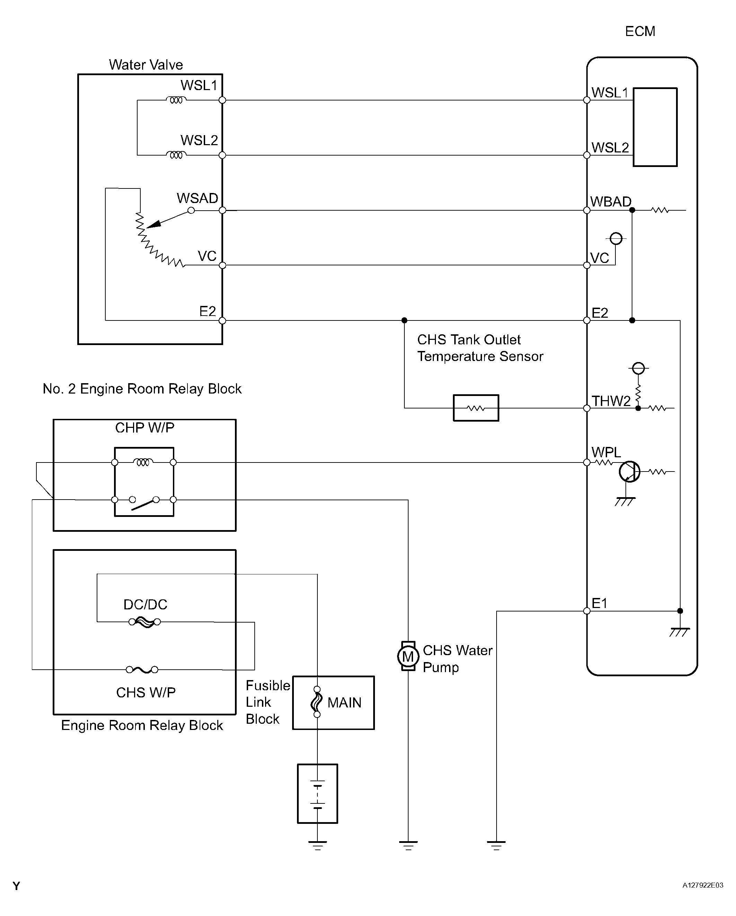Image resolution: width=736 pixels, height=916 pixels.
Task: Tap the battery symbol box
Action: pos(317,794)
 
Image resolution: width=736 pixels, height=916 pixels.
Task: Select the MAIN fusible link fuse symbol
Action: pos(317,702)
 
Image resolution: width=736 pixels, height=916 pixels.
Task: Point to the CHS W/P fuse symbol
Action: pos(142,670)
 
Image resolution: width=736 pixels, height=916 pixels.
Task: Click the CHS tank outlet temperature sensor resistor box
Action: pos(476,408)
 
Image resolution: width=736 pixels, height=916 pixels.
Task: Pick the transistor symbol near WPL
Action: pos(629,471)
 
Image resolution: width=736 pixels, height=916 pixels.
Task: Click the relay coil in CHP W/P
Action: pos(143,462)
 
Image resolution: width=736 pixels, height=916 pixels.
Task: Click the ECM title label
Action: pos(640,32)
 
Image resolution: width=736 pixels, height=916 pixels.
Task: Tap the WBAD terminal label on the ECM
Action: pos(611,201)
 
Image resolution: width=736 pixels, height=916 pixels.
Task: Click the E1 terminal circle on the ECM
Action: pos(587,611)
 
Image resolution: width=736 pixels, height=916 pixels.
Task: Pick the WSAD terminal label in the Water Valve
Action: pos(197,198)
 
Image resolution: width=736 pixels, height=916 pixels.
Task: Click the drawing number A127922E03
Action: pos(703,885)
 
